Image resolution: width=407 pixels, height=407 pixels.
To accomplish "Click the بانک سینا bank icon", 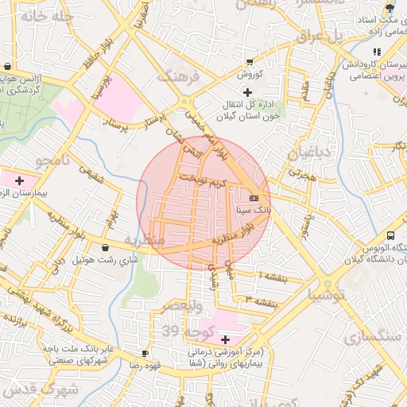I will click(x=254, y=197).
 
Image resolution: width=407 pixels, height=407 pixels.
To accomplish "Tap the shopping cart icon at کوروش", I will click(x=250, y=61).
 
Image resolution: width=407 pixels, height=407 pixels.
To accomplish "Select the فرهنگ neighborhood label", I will click(x=176, y=76).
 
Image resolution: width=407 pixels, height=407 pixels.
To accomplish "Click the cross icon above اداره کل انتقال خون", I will click(x=247, y=93).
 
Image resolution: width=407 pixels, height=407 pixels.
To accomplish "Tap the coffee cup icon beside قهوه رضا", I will click(x=145, y=353).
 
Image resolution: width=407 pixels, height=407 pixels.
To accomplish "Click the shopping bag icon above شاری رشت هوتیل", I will click(x=107, y=247).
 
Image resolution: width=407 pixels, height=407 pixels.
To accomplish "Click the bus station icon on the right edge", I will click(x=390, y=235).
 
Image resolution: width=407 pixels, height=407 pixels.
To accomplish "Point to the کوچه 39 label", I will click(x=181, y=331).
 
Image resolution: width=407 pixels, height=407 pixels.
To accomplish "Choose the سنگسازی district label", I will click(x=370, y=337).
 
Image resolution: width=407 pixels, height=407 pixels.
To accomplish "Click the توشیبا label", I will click(x=328, y=295).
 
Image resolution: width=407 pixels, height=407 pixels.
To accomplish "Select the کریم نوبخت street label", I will click(x=202, y=180).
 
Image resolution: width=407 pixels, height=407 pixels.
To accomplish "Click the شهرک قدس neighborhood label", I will click(x=40, y=390).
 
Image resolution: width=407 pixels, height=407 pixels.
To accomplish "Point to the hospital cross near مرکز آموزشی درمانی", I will click(x=225, y=339).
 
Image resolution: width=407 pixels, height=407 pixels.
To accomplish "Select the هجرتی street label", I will click(x=303, y=176).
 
